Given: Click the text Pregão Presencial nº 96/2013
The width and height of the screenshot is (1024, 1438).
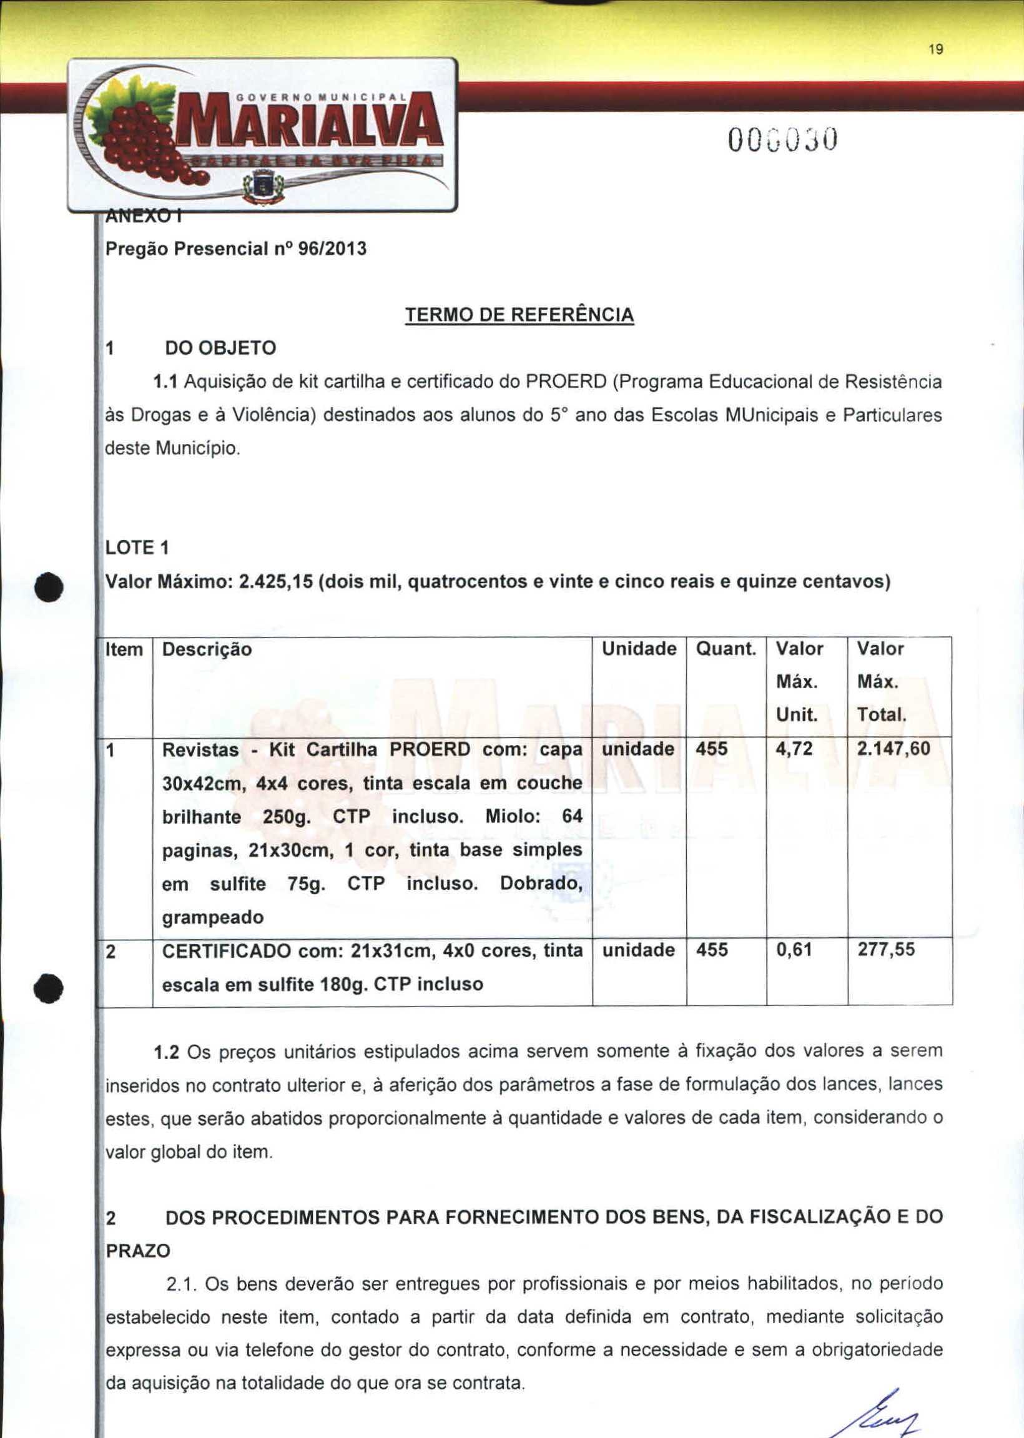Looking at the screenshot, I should [235, 249].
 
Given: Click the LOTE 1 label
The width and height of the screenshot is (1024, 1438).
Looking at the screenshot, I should [137, 548].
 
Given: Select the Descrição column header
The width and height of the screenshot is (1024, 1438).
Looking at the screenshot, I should [207, 649].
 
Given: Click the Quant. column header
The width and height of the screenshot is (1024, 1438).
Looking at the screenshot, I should [726, 649].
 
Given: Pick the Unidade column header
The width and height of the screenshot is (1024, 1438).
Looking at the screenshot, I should [639, 649].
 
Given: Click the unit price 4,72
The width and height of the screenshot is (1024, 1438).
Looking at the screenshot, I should [794, 749].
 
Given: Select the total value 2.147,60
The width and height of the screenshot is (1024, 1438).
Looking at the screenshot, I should [894, 749].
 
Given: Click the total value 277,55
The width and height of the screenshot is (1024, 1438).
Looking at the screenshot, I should [886, 950].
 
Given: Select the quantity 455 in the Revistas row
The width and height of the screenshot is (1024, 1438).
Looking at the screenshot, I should [712, 749].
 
